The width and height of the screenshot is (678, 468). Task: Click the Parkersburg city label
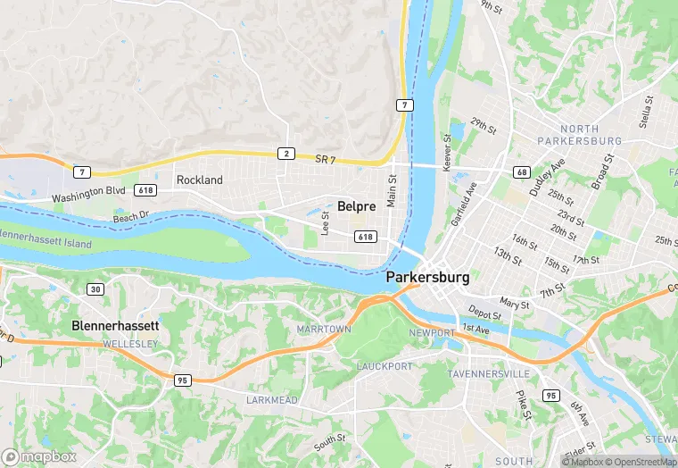pyautogui.click(x=427, y=278)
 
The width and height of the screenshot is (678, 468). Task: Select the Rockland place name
pyautogui.click(x=199, y=180)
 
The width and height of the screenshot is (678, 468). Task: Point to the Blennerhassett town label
pyautogui.click(x=115, y=327)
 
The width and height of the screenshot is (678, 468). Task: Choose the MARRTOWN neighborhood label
pyautogui.click(x=323, y=330)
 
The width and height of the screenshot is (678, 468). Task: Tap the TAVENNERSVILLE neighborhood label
pyautogui.click(x=489, y=372)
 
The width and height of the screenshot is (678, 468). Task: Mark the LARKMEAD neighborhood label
pyautogui.click(x=272, y=400)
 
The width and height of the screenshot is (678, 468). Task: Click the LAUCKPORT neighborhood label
pyautogui.click(x=386, y=366)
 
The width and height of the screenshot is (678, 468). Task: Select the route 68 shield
pyautogui.click(x=522, y=171)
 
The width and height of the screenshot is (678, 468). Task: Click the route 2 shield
pyautogui.click(x=285, y=154)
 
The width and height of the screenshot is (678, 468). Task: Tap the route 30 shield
pyautogui.click(x=95, y=288)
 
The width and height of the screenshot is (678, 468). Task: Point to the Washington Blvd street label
pyautogui.click(x=88, y=195)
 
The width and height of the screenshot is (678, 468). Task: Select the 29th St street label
pyautogui.click(x=484, y=126)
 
